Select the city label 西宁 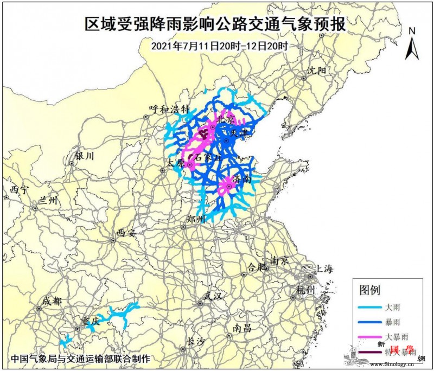click(x=18, y=189)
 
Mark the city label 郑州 click(x=195, y=219)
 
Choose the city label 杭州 click(x=305, y=291)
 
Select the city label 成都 click(x=53, y=300)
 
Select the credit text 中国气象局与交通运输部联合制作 click(x=80, y=359)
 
